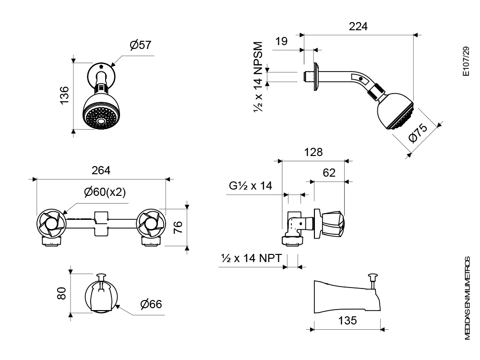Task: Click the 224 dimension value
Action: click(358, 26)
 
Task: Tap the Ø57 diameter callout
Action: click(141, 45)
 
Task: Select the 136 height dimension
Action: click(64, 95)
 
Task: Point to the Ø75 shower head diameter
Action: click(418, 132)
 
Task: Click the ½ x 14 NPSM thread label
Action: click(258, 77)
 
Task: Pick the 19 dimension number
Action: click(281, 41)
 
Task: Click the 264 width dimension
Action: click(101, 170)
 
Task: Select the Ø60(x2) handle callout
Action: click(105, 192)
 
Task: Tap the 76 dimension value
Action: click(178, 227)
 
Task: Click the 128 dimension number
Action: click(313, 152)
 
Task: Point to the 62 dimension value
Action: click(329, 173)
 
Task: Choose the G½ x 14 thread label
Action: click(251, 185)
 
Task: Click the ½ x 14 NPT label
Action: click(252, 258)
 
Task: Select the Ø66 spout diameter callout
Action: click(151, 304)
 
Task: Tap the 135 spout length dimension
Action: click(348, 321)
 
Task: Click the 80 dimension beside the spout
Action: click(61, 293)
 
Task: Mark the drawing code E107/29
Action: click(466, 61)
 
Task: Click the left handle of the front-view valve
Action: click(51, 223)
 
